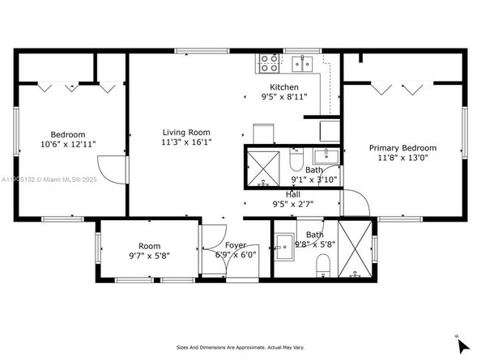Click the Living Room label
[187, 132]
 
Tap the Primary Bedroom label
[402, 148]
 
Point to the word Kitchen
[283, 87]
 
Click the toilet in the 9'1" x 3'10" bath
[298, 154]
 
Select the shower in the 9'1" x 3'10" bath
[262, 167]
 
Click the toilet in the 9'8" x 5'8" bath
[321, 264]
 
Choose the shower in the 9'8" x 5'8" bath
[356, 250]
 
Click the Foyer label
[236, 244]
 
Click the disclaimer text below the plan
[240, 348]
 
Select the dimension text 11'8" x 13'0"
[402, 159]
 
